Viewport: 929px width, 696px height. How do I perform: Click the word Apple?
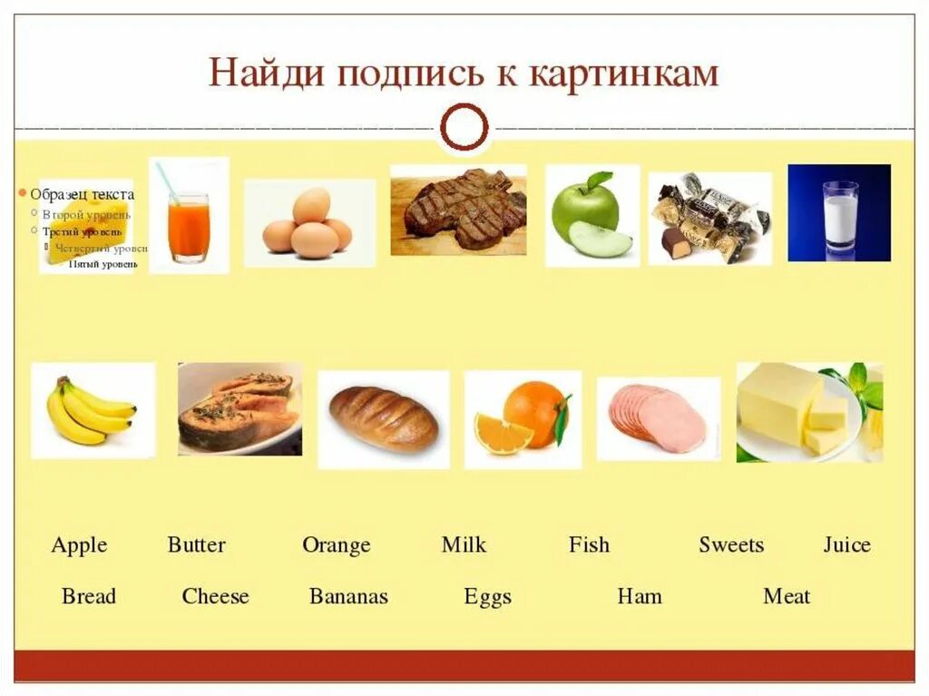click(79, 545)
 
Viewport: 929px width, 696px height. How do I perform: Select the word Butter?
click(196, 545)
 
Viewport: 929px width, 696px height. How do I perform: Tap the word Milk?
click(464, 545)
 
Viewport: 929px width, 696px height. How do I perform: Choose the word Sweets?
click(731, 545)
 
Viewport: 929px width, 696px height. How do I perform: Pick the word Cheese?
click(215, 596)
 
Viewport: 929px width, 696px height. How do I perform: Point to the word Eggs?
click(487, 597)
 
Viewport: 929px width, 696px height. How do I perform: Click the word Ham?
click(640, 596)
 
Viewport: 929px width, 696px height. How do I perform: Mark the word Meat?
click(787, 596)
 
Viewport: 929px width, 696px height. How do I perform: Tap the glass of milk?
click(840, 218)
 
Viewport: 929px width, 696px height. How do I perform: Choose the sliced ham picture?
click(658, 418)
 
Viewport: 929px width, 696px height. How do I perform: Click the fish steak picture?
click(239, 410)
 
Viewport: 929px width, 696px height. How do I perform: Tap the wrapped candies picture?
click(709, 218)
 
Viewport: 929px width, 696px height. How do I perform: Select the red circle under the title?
click(464, 126)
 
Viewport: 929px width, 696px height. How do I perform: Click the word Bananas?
click(348, 596)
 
